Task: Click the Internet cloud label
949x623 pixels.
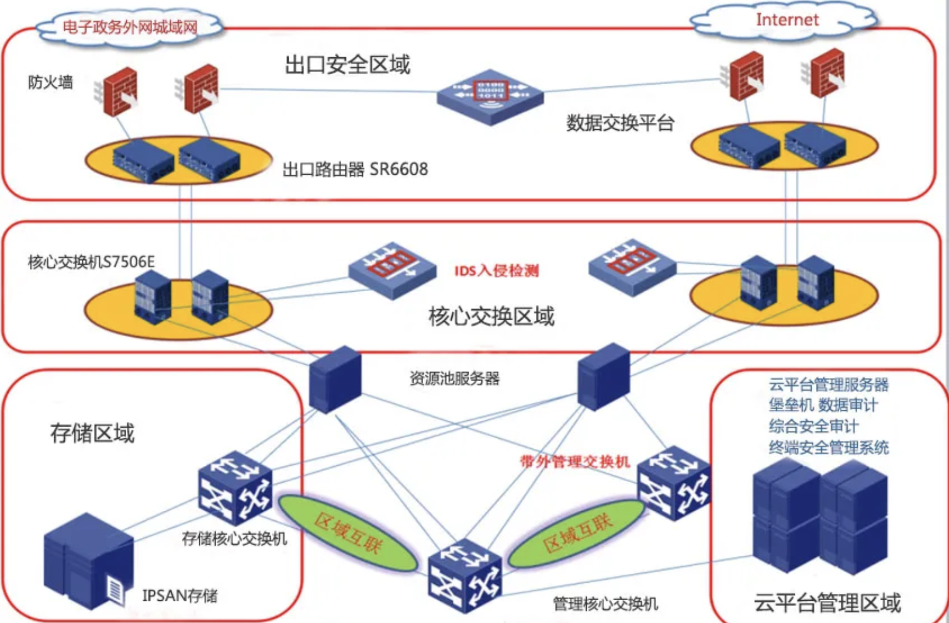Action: pos(787,20)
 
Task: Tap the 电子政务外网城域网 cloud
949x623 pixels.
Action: pos(130,27)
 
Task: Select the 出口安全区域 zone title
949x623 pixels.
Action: pos(347,64)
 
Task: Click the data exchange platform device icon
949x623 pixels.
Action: pos(490,96)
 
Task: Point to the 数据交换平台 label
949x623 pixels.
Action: pos(620,123)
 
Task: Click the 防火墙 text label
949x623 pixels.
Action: pos(50,82)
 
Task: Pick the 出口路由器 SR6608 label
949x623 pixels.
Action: pos(355,169)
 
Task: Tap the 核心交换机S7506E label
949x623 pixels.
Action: pos(91,262)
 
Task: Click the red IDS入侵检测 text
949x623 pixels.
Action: pos(496,271)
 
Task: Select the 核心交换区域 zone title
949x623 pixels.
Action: pos(491,316)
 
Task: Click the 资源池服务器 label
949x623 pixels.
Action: pos(454,379)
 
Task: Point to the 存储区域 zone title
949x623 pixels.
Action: pos(92,434)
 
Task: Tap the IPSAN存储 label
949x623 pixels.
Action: pos(179,596)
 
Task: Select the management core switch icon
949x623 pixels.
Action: pos(465,575)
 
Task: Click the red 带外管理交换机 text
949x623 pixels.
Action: pos(574,462)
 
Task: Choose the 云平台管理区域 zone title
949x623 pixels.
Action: pos(827,603)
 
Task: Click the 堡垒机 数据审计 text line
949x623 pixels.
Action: pos(823,405)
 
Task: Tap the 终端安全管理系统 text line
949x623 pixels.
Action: pos(829,448)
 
